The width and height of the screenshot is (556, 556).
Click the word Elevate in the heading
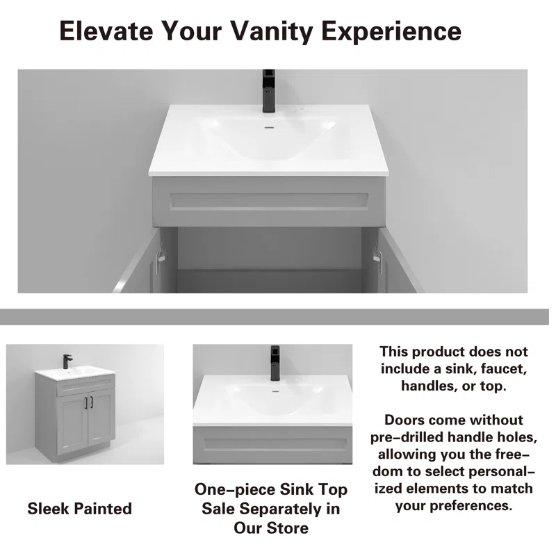coord(107,31)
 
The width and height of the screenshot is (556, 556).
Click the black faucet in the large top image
coord(269,91)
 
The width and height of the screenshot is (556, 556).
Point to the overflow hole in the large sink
coord(270,127)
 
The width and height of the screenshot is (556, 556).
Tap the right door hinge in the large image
coord(377,256)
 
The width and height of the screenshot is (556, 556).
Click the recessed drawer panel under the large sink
coord(269,202)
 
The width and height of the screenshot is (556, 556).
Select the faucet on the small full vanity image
coord(67,361)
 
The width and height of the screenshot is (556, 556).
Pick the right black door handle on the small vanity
coord(92,402)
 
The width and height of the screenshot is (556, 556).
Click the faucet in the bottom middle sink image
coord(275,363)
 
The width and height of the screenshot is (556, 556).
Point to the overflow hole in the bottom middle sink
coord(275,391)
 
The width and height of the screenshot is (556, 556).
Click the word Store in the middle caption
coord(287,528)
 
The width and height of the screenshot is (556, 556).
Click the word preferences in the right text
coord(471,506)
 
